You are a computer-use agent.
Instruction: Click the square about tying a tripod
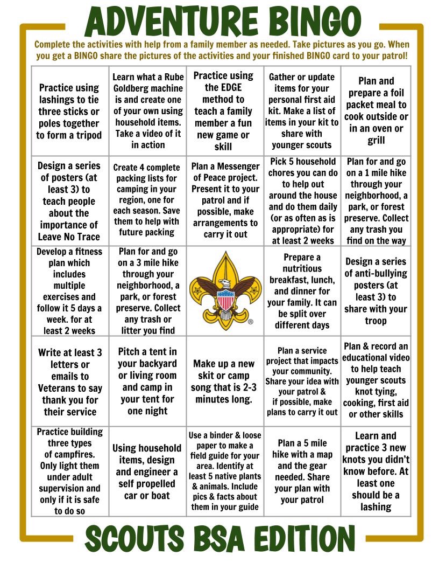pyautogui.click(x=69, y=111)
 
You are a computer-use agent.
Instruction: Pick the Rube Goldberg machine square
pyautogui.click(x=147, y=111)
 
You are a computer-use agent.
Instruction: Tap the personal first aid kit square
pyautogui.click(x=302, y=111)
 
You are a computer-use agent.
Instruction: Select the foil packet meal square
pyautogui.click(x=376, y=111)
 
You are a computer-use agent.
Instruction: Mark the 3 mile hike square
pyautogui.click(x=147, y=291)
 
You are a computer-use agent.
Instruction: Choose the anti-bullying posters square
pyautogui.click(x=376, y=291)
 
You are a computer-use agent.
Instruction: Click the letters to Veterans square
pyautogui.click(x=69, y=382)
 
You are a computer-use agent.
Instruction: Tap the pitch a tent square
pyautogui.click(x=147, y=382)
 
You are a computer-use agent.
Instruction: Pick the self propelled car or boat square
pyautogui.click(x=147, y=471)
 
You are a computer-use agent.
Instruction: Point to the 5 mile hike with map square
pyautogui.click(x=302, y=471)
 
